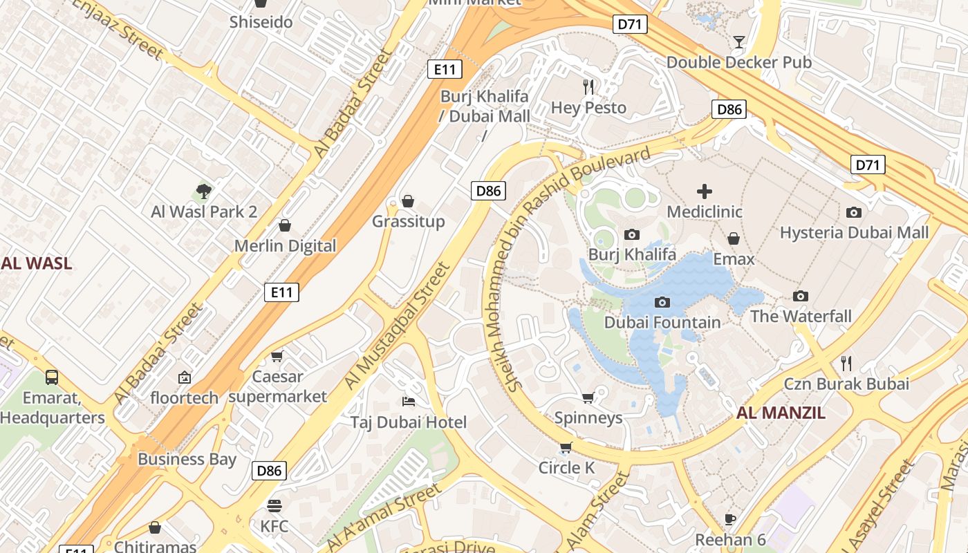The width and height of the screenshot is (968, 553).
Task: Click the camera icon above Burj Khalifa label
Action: (x=631, y=235)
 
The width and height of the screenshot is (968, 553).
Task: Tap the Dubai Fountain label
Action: (x=662, y=322)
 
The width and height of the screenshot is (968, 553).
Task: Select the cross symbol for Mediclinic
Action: (x=704, y=191)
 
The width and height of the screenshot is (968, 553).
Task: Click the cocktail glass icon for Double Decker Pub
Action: (x=738, y=42)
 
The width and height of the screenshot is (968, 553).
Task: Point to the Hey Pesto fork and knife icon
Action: (x=588, y=87)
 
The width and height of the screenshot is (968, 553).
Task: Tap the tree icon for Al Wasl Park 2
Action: (x=203, y=191)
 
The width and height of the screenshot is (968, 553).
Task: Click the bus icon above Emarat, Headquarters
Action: (x=52, y=377)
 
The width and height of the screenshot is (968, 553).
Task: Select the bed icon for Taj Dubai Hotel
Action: (x=408, y=402)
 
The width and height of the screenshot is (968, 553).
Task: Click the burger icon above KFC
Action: (x=274, y=506)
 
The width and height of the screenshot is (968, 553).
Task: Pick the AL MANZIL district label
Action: (x=781, y=413)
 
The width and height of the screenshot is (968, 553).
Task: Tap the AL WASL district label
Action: (x=37, y=263)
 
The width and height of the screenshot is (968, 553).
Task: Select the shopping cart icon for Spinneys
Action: (x=588, y=397)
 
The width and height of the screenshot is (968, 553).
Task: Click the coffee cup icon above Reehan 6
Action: (x=729, y=519)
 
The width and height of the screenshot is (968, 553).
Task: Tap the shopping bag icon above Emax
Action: (x=734, y=238)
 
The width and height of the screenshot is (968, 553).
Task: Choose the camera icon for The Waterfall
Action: (x=800, y=297)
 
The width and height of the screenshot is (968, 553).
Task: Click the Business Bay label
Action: (x=187, y=459)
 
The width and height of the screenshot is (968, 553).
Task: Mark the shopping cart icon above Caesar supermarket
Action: (x=277, y=357)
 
